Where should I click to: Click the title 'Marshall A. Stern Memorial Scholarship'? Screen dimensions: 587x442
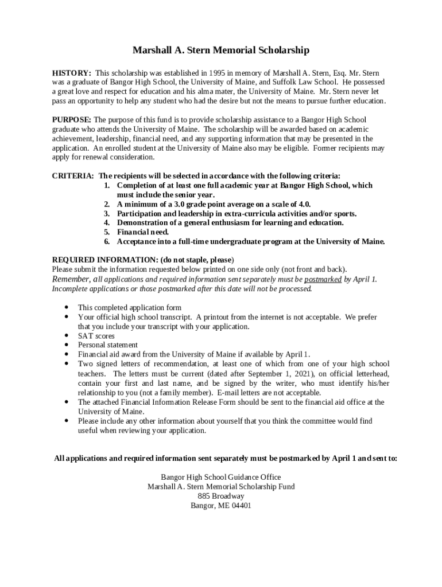pos(221,50)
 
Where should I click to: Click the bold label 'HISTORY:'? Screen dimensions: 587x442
pos(72,73)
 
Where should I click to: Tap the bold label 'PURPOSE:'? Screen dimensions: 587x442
pos(72,120)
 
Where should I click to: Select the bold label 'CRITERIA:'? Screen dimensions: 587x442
pos(73,176)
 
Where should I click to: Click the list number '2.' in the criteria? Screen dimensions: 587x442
pos(107,204)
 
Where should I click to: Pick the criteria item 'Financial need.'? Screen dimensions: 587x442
pos(143,232)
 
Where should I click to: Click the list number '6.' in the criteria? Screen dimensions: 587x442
pos(107,241)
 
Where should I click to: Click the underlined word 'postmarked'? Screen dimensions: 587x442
pos(323,280)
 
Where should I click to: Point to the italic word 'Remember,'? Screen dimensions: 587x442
pos(71,279)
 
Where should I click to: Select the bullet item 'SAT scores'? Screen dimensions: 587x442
pos(96,336)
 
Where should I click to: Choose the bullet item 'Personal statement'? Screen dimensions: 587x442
pos(108,345)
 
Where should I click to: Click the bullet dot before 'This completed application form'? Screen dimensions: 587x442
pos(68,307)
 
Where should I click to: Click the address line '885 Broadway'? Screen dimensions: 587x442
pos(221,496)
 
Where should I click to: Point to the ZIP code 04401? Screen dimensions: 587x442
pos(241,506)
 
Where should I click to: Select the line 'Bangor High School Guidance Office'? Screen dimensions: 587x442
pos(221,477)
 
